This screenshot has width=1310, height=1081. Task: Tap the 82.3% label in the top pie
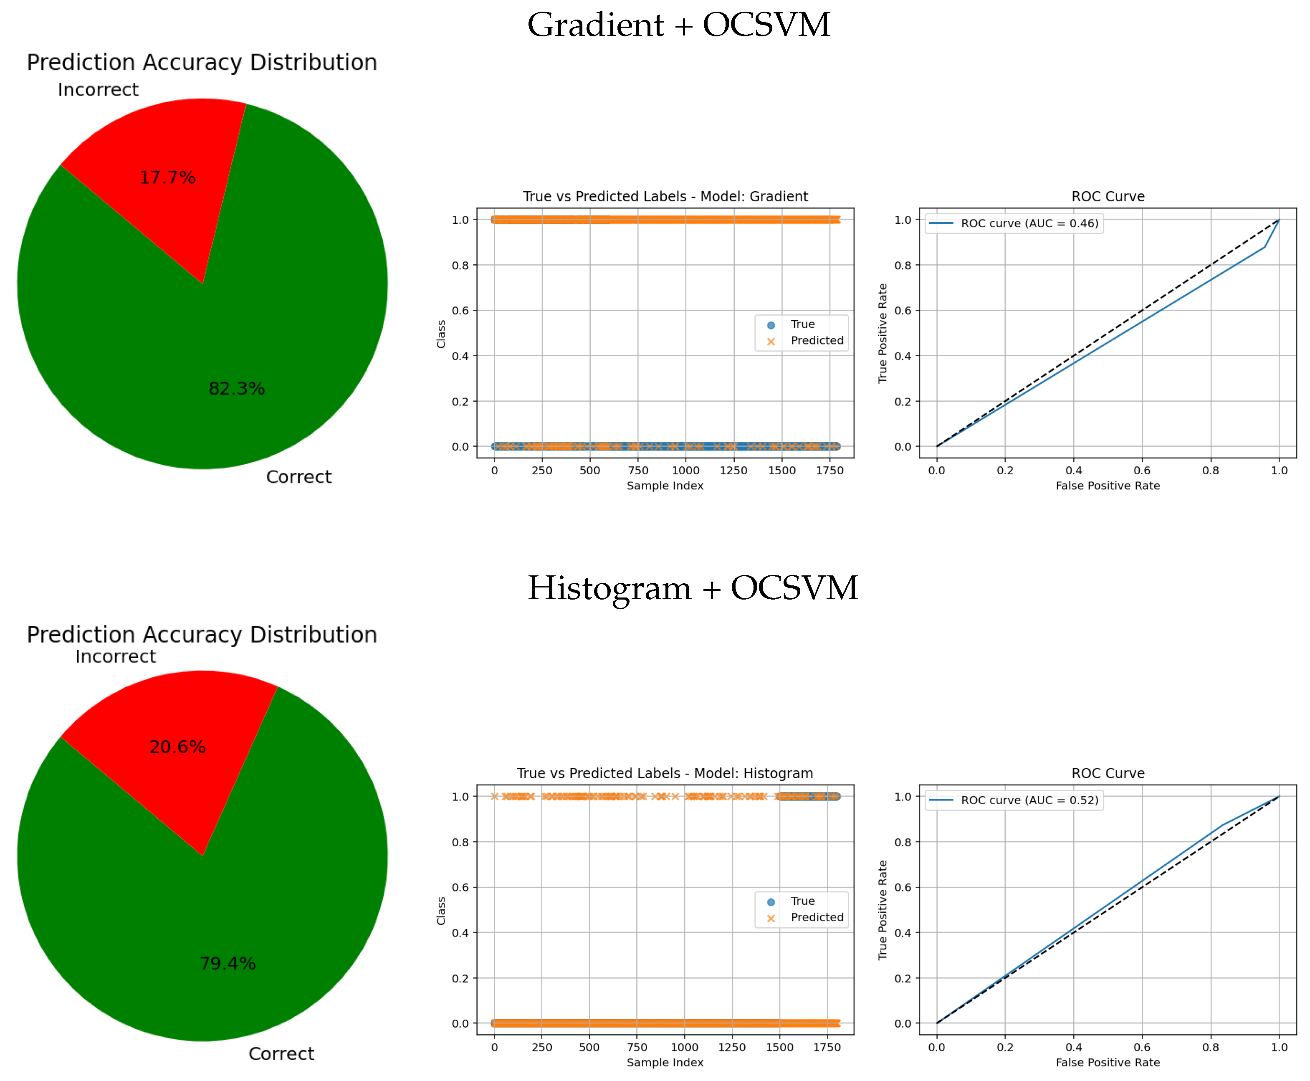pyautogui.click(x=237, y=389)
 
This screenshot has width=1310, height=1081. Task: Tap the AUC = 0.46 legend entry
pyautogui.click(x=1029, y=223)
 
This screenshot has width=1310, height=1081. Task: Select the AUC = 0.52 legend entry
pyautogui.click(x=1029, y=800)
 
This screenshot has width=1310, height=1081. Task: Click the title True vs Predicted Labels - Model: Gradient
pyautogui.click(x=665, y=197)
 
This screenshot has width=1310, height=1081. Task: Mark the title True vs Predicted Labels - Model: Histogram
pyautogui.click(x=665, y=773)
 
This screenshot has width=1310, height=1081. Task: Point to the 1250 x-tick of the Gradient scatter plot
pyautogui.click(x=733, y=471)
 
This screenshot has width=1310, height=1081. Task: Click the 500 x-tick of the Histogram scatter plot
pyautogui.click(x=589, y=1047)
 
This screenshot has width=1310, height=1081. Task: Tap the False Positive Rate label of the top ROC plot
pyautogui.click(x=1108, y=486)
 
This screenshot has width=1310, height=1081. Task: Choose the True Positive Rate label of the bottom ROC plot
pyautogui.click(x=882, y=910)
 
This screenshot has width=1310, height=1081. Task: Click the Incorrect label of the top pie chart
pyautogui.click(x=99, y=90)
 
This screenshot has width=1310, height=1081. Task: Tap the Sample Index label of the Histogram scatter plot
pyautogui.click(x=665, y=1062)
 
